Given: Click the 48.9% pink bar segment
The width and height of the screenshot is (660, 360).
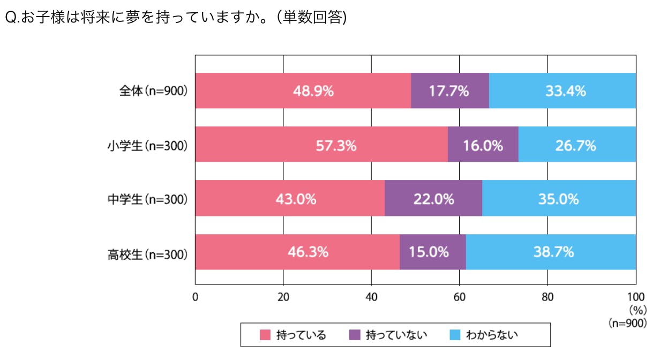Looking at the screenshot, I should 303,91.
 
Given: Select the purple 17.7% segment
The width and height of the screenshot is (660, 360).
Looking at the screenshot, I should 450,91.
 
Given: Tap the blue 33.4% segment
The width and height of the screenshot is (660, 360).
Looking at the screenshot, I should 562,91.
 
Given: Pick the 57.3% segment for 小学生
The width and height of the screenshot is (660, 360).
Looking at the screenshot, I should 321,145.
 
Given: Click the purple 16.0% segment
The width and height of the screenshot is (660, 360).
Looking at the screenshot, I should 483,145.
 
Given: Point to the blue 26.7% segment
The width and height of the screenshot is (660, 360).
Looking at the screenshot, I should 577,145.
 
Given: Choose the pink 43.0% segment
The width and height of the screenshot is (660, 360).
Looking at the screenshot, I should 290,199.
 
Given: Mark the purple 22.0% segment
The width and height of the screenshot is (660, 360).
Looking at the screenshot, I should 433,199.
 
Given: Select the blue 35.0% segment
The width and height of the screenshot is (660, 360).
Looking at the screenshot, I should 559,199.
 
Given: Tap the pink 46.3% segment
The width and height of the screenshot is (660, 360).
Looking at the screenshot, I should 297,252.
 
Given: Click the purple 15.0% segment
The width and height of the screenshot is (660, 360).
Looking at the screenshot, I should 433,252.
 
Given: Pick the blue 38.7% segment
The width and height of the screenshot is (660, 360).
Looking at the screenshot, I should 551,252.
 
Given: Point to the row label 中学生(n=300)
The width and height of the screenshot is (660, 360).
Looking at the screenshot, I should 147,199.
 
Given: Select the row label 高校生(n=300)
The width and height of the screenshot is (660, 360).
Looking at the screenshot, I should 147,253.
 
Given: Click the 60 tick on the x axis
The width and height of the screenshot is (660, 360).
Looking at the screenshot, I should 459,297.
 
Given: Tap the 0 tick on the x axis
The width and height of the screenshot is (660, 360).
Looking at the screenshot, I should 196,297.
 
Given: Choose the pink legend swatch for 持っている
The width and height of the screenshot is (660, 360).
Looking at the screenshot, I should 265,335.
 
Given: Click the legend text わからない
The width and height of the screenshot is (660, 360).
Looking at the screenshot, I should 492,335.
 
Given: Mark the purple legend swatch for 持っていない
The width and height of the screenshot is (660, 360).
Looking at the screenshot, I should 354,335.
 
